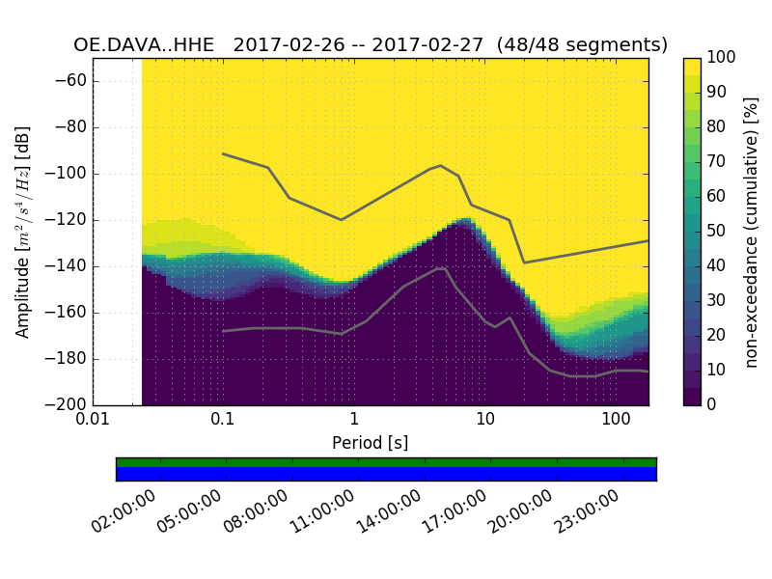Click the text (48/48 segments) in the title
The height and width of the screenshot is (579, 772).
(589, 44)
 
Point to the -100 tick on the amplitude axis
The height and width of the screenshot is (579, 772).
(67, 174)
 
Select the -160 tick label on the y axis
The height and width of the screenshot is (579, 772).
(67, 313)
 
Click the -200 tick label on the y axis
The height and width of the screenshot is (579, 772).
(67, 405)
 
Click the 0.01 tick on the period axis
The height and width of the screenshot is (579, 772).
(93, 420)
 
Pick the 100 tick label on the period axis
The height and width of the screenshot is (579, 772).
(616, 420)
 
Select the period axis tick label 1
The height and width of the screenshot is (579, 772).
(354, 420)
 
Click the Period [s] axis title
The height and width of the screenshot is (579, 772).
(370, 442)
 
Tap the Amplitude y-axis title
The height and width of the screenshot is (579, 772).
(23, 232)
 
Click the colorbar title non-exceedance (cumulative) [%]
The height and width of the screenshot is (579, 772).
(752, 232)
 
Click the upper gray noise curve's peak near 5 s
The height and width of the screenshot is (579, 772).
(441, 165)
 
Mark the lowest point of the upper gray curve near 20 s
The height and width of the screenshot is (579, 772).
(524, 262)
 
